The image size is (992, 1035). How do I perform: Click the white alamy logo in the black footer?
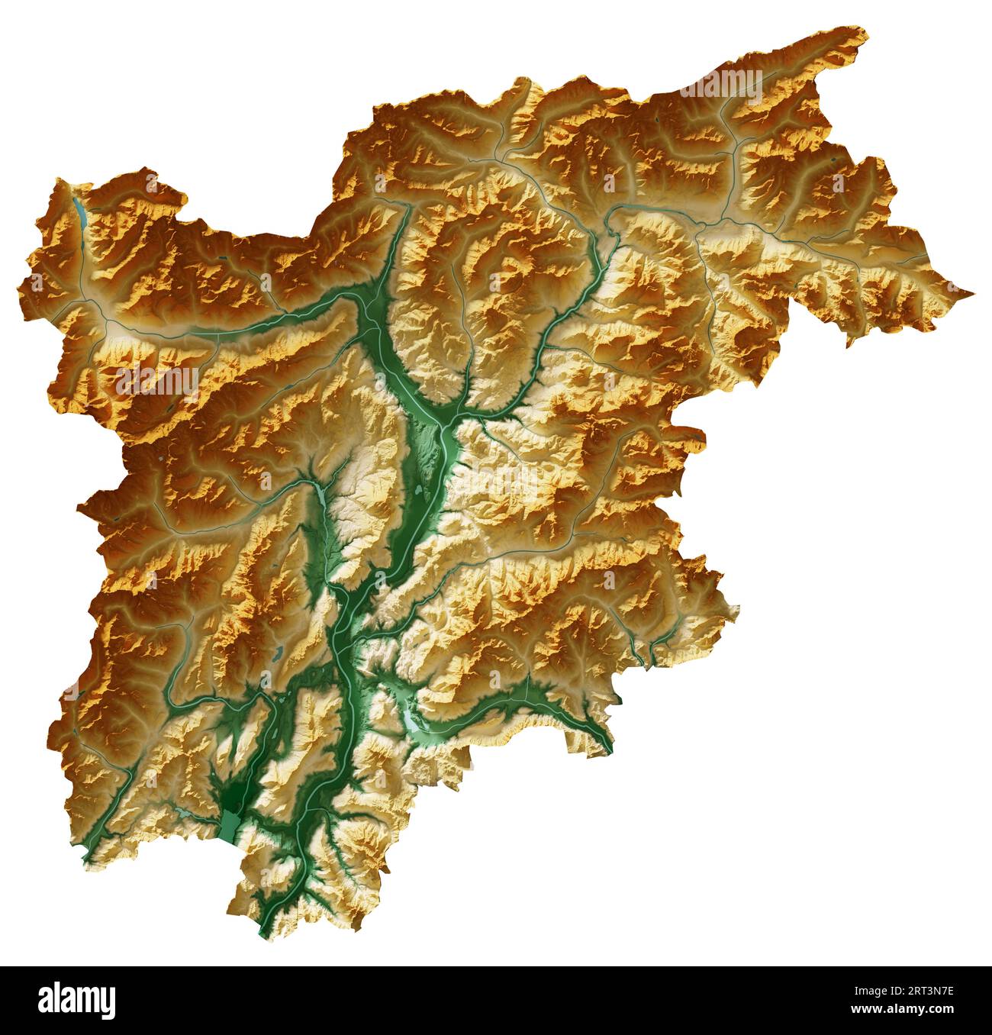click(77, 1000)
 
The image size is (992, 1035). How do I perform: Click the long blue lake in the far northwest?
click(79, 214)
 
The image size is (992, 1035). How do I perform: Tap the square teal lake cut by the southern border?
click(230, 822)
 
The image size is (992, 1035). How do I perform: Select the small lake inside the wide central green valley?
click(420, 488)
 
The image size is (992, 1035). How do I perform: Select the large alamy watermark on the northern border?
click(720, 85)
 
